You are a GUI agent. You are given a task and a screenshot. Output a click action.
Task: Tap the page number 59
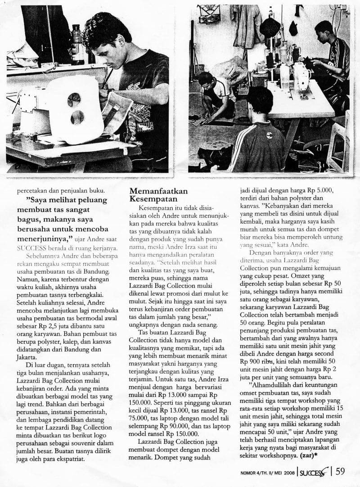coord(341,472)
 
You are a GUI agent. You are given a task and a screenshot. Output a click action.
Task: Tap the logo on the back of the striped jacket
coord(256,134)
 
